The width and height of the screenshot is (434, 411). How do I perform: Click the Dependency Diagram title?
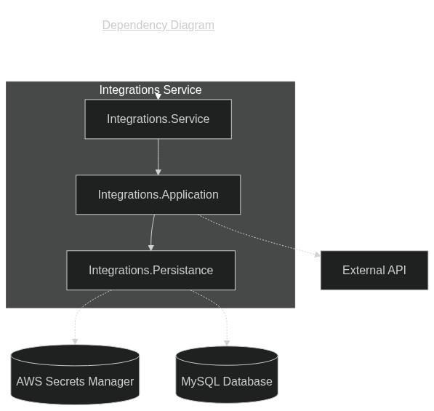[158, 25]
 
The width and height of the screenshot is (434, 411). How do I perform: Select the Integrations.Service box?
[158, 119]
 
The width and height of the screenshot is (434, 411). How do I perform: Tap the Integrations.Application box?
[158, 195]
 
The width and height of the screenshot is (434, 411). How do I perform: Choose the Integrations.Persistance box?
[151, 271]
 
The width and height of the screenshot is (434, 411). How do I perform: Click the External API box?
[374, 271]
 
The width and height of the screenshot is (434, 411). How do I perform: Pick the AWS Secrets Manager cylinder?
[75, 375]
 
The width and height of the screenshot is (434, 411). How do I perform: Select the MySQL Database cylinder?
[227, 375]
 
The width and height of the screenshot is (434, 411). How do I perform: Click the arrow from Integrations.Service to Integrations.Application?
[158, 157]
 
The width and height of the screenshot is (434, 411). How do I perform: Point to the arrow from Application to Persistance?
[152, 233]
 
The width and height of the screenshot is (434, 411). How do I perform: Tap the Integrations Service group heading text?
[150, 89]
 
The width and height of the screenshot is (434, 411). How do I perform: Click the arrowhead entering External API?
[318, 255]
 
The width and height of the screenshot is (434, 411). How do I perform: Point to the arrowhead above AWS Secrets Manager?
[75, 341]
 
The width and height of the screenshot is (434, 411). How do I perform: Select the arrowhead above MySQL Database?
[227, 343]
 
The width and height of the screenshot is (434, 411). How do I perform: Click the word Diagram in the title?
[193, 25]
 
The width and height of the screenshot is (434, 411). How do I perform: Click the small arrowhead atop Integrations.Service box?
[158, 96]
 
